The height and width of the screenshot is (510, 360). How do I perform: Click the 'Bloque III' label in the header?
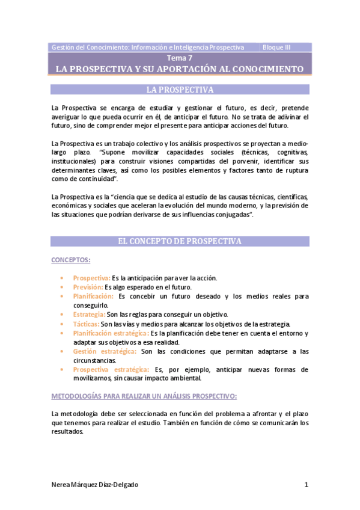277,47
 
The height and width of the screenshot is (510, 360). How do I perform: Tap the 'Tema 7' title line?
180,58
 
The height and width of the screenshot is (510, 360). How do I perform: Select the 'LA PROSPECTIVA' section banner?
180,90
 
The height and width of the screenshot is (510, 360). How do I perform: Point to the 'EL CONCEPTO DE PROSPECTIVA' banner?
180,241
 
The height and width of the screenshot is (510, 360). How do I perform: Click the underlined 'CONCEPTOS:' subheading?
71,260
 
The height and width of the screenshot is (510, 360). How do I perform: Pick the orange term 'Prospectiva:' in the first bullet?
91,278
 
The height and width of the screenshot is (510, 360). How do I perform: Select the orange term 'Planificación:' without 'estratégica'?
93,296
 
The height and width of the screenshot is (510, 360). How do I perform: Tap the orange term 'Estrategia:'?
89,314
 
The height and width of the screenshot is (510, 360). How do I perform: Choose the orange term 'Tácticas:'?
86,324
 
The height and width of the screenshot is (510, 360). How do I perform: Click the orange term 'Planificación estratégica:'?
111,333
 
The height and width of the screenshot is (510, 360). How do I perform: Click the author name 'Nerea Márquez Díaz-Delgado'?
99,485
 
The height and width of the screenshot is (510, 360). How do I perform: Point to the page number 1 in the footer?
306,485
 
